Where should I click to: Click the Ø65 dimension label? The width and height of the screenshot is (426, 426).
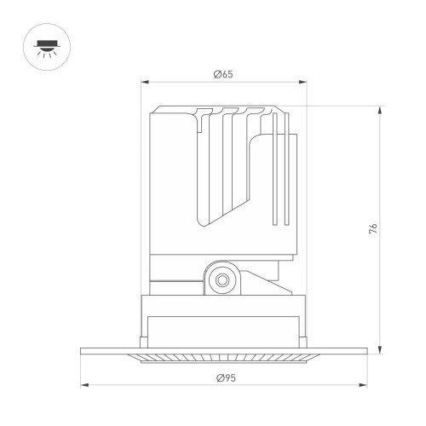click(x=223, y=74)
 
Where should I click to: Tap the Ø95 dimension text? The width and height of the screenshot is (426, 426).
click(x=223, y=376)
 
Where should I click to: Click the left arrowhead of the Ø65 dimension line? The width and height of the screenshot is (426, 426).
click(x=144, y=83)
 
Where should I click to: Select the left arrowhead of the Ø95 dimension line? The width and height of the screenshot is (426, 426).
click(x=83, y=384)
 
